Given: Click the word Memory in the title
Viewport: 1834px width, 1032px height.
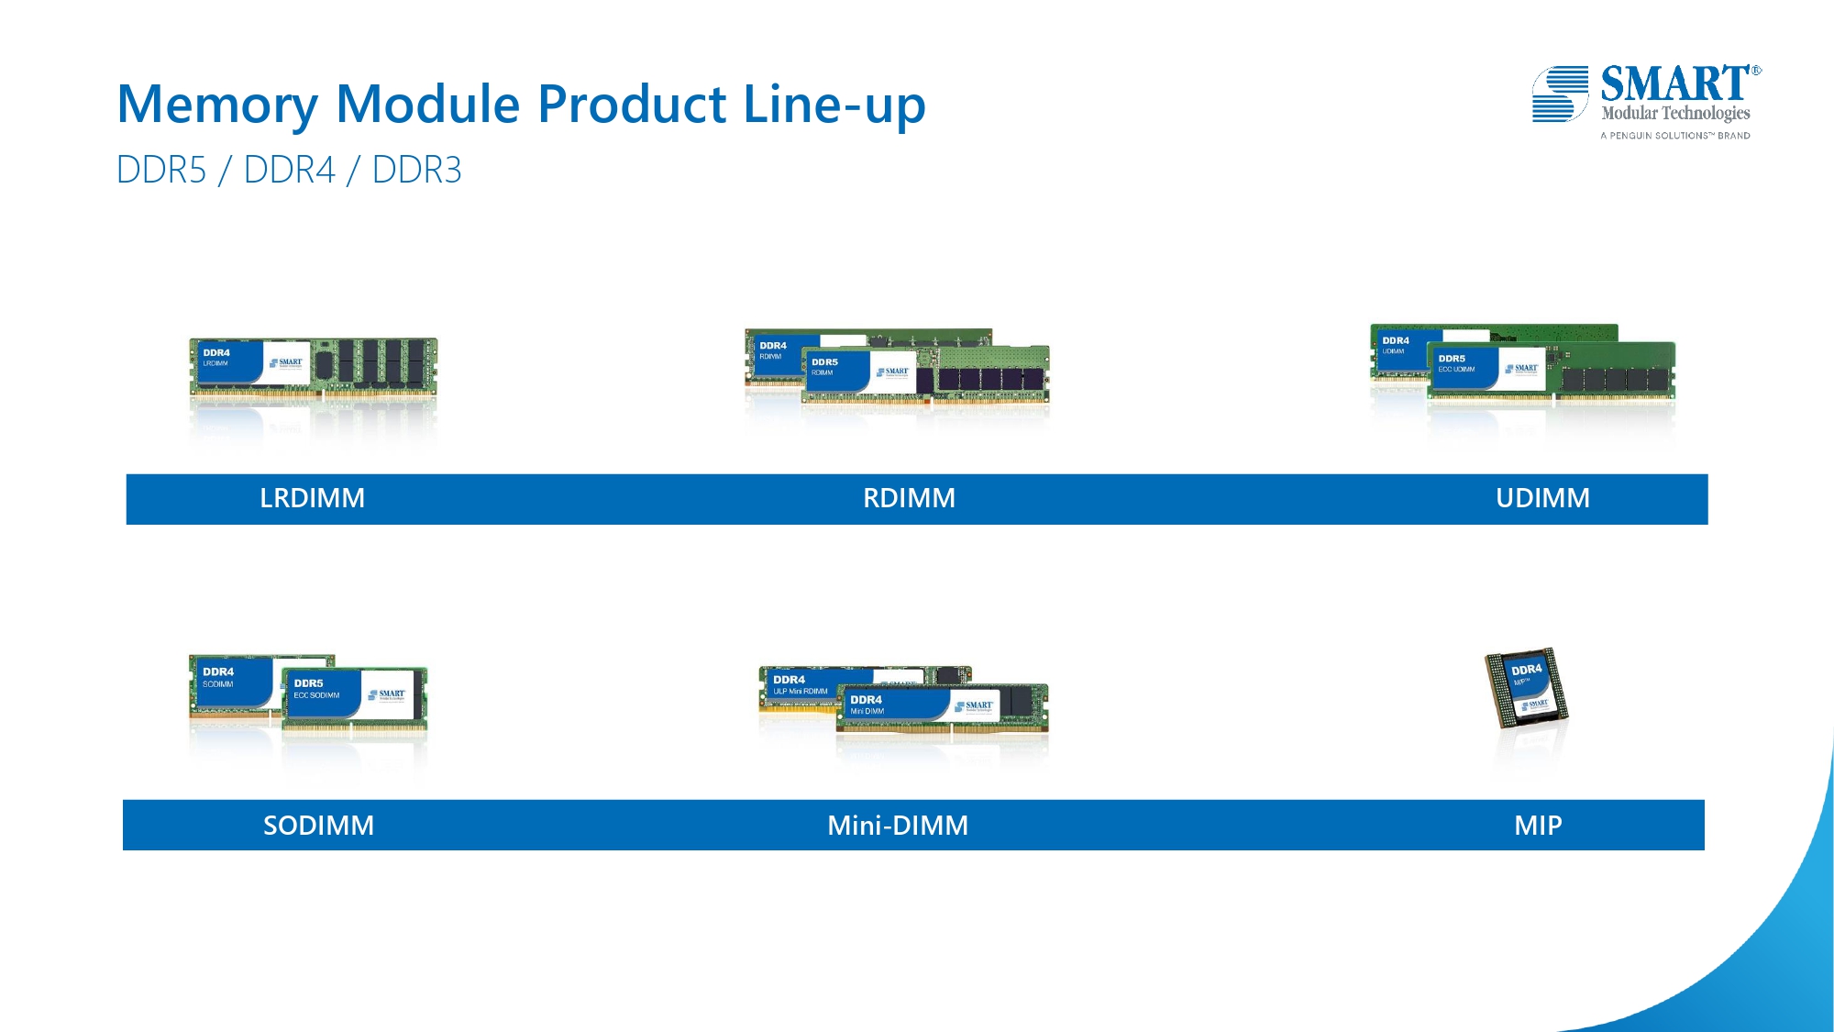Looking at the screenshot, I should (217, 105).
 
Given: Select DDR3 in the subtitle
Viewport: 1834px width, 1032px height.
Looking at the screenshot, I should (416, 171).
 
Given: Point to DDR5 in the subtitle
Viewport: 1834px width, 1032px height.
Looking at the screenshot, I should (161, 171).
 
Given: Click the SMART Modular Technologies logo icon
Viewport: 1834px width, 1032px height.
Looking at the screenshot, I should (1560, 94).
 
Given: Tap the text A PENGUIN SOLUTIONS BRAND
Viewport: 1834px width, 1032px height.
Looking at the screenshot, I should (1674, 136).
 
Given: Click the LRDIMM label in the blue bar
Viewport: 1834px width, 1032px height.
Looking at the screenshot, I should (312, 498).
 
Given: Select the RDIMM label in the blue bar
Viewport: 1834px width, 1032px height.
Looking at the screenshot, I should (909, 498).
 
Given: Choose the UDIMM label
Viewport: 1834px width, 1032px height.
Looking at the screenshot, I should (1542, 498).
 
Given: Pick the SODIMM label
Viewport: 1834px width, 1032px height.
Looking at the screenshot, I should (318, 826).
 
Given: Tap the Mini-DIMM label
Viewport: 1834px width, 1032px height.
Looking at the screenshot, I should (898, 826).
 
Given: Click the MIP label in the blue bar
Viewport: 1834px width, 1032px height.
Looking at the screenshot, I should (1538, 826).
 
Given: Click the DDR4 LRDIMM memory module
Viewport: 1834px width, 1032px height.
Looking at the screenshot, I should (313, 367).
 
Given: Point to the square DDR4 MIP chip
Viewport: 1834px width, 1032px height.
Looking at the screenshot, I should (1527, 687).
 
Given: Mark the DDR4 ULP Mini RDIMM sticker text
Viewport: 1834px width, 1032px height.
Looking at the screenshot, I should (799, 685).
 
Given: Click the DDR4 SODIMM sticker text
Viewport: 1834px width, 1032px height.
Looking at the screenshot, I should (218, 677).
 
